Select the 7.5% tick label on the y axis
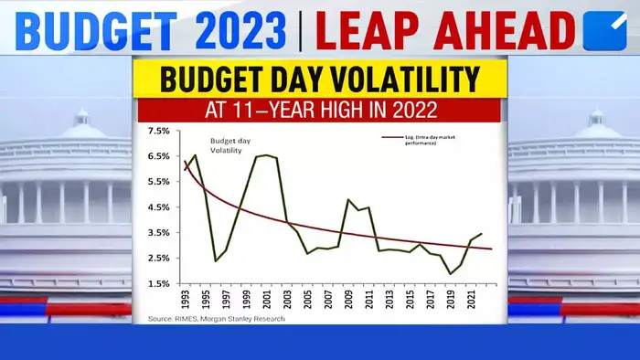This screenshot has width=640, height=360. [x=158, y=131]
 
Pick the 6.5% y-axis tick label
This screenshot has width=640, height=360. [x=158, y=156]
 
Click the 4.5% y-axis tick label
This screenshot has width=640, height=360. [x=158, y=207]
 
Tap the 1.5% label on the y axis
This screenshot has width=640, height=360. [x=158, y=283]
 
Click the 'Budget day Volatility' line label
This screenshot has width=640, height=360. [x=230, y=146]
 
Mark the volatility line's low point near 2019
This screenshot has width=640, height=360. [x=451, y=273]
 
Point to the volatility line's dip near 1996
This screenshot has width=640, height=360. [x=216, y=260]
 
